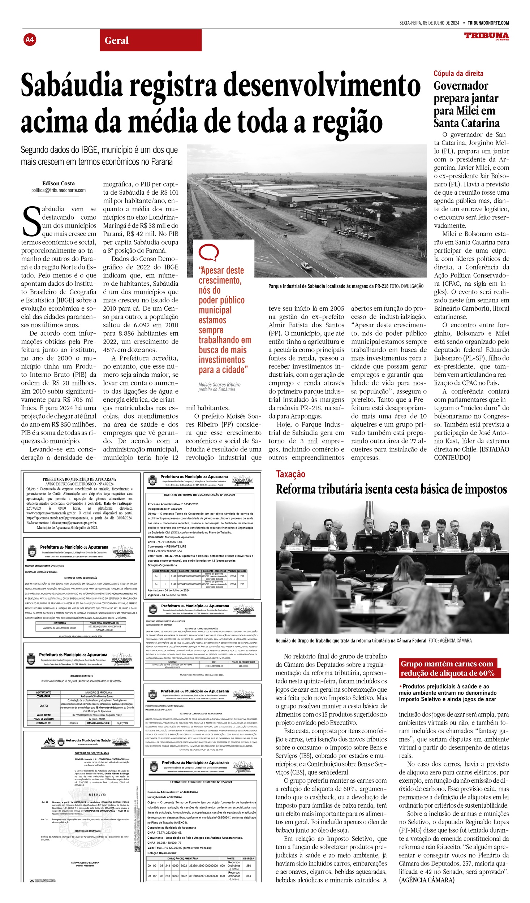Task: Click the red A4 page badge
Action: pyautogui.click(x=30, y=39)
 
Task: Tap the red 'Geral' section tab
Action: pyautogui.click(x=116, y=40)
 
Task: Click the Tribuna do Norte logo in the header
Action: pyautogui.click(x=486, y=36)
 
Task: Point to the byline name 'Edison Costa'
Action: pyautogui.click(x=59, y=183)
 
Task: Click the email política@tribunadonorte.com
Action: pyautogui.click(x=59, y=190)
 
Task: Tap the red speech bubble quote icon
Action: pyautogui.click(x=209, y=252)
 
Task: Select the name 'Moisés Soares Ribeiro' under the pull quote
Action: pyautogui.click(x=219, y=385)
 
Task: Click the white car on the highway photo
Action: pyautogui.click(x=306, y=267)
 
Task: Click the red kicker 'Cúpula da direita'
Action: pyautogui.click(x=458, y=74)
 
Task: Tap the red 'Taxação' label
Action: pyautogui.click(x=290, y=474)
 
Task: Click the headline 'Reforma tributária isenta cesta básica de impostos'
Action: pyautogui.click(x=391, y=489)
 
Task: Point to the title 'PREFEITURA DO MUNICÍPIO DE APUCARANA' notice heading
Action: pyautogui.click(x=79, y=479)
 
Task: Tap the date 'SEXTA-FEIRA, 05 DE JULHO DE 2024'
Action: pyautogui.click(x=429, y=23)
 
